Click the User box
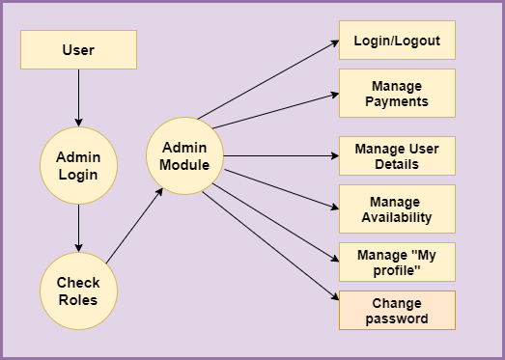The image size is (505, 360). [78, 49]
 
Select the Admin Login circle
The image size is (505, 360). [78, 166]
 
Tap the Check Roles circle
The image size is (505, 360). [78, 291]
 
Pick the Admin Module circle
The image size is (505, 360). [184, 156]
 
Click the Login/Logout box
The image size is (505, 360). [397, 41]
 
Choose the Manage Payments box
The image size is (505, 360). [397, 93]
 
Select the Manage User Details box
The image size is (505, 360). [397, 156]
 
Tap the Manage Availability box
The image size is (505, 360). [397, 209]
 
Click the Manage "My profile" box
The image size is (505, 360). [397, 263]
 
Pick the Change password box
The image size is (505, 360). [397, 310]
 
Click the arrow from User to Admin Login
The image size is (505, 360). [78, 98]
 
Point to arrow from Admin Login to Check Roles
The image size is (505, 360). [78, 229]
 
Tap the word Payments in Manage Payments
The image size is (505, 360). [397, 100]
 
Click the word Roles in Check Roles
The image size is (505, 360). [78, 300]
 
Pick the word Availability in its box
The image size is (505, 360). [397, 217]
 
